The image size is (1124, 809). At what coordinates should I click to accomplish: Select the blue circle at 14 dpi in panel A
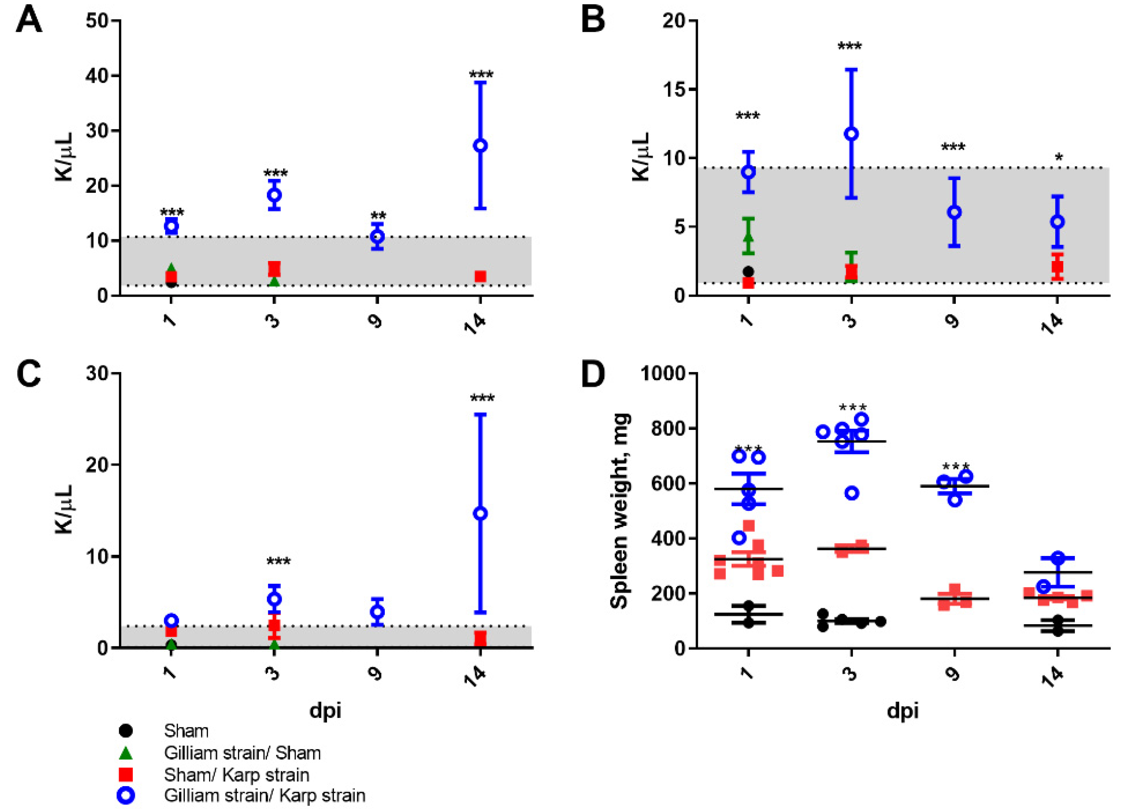click(480, 146)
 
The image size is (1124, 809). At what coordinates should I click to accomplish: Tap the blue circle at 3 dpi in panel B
click(851, 134)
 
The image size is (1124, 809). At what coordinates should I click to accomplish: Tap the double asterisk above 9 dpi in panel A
click(378, 216)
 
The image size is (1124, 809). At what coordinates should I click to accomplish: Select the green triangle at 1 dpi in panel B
click(748, 237)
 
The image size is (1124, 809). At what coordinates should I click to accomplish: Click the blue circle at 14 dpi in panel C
click(480, 514)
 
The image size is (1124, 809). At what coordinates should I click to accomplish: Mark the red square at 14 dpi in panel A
click(480, 276)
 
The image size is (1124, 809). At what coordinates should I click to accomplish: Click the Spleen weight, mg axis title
click(619, 511)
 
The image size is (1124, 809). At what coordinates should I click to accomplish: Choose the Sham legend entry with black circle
click(186, 731)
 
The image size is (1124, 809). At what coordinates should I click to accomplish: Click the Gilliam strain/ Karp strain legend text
click(265, 795)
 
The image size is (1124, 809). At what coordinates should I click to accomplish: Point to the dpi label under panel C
click(325, 710)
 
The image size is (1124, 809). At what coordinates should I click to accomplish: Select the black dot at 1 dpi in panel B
click(748, 271)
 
